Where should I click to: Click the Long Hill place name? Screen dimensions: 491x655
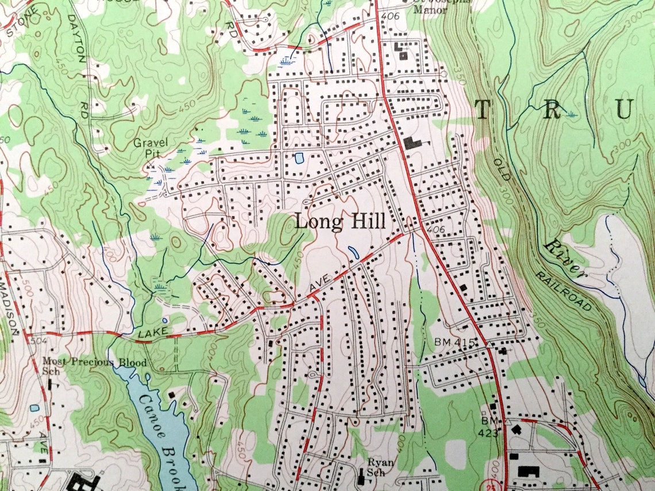coord(340,222)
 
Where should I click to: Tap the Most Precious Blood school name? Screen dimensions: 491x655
coord(95,362)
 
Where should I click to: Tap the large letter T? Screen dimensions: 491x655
coord(483,109)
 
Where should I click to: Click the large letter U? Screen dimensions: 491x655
coord(625,109)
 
